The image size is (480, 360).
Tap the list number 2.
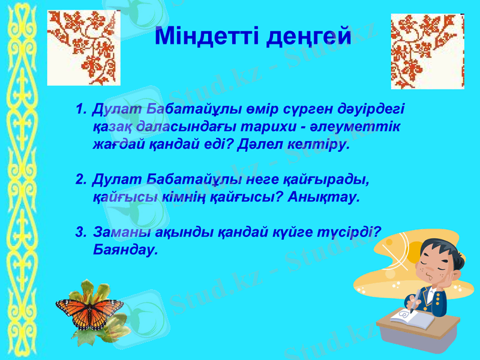[80, 179]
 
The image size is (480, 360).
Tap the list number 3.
[80, 232]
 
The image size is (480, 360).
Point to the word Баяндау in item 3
[126, 249]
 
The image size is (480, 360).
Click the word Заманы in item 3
[115, 232]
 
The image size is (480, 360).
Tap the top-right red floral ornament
[427, 51]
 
